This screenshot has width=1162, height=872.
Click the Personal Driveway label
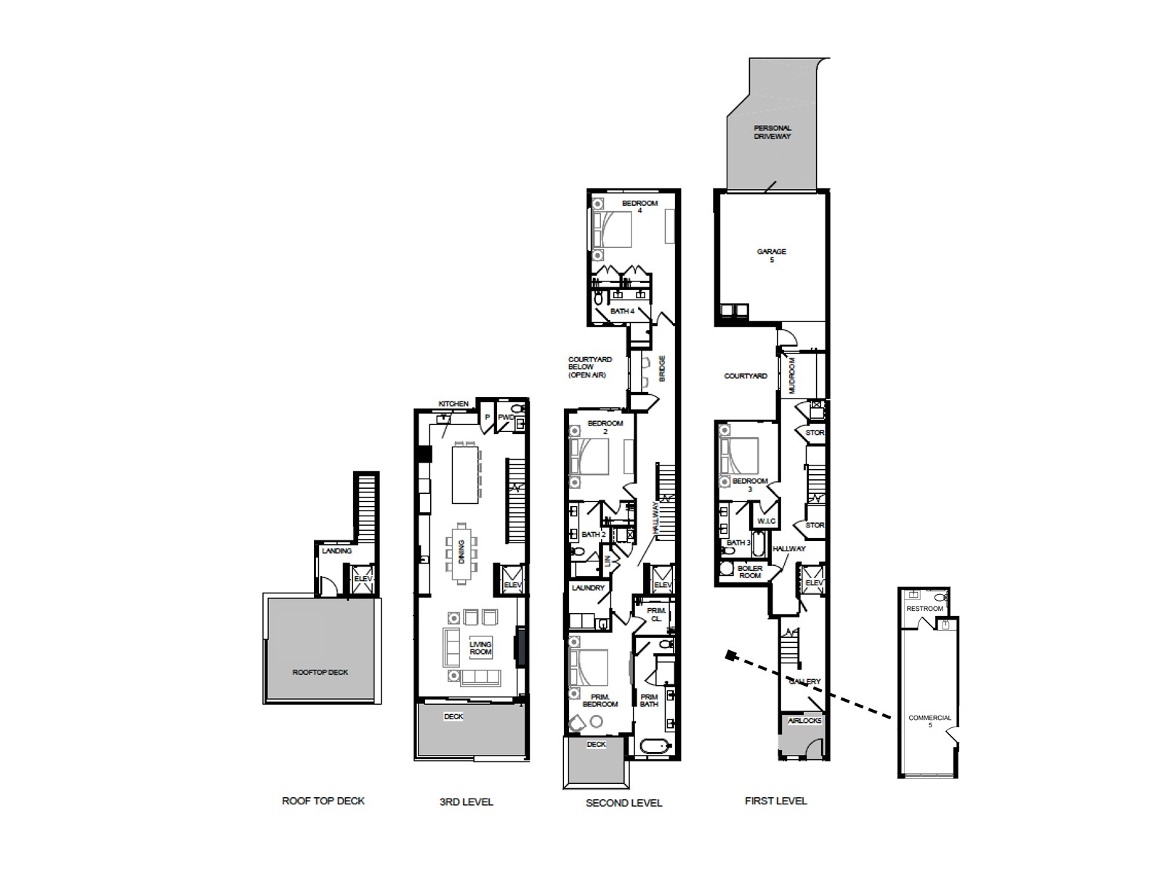(772, 132)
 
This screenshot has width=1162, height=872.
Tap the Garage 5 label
(771, 255)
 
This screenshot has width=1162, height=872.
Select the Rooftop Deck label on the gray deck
(320, 673)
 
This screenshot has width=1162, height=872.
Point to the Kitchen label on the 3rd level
(453, 404)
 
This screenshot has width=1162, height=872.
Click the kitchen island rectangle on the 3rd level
(465, 474)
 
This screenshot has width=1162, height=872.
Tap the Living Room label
(480, 648)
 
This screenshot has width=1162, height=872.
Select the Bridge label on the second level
(662, 369)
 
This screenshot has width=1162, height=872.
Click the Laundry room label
(588, 588)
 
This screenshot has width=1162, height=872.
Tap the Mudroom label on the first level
(793, 374)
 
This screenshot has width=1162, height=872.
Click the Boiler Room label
(750, 572)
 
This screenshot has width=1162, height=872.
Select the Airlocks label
(804, 721)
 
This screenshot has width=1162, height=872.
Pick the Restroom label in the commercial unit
(924, 609)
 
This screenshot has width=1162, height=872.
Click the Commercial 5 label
(929, 721)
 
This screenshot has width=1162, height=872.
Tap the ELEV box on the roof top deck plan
(363, 579)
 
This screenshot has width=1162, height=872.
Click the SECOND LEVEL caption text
(624, 803)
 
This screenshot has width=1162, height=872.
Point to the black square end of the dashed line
(730, 656)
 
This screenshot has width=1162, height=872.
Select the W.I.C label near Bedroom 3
(767, 521)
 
